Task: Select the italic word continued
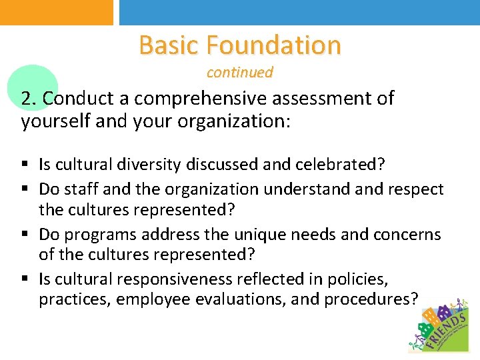point(239,72)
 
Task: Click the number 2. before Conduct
point(29,99)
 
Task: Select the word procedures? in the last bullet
point(371,299)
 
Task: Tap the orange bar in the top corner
point(57,12)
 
